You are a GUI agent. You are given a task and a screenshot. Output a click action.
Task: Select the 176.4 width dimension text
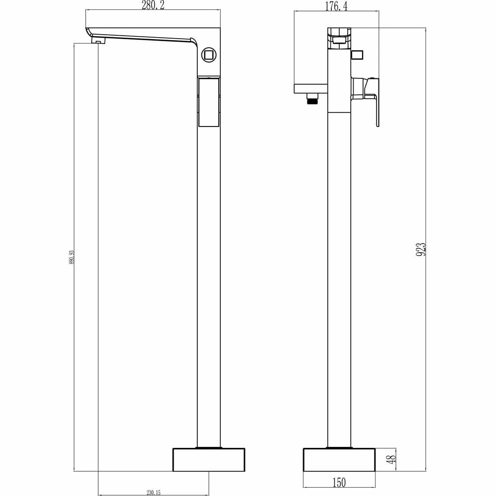[336, 6]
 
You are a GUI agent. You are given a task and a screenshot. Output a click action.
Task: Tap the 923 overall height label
[421, 248]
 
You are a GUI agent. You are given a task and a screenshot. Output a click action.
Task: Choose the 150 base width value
[339, 482]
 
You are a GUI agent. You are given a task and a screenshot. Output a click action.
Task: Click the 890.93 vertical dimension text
[72, 257]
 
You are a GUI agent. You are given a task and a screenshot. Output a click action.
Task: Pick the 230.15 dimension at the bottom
[154, 493]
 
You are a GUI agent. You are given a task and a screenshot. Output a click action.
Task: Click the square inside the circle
[209, 54]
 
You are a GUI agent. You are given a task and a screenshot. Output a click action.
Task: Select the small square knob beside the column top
[357, 55]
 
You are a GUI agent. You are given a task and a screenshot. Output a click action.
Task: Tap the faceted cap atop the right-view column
[339, 37]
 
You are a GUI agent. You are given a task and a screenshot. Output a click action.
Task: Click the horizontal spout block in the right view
[311, 89]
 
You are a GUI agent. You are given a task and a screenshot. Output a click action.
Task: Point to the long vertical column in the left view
[209, 278]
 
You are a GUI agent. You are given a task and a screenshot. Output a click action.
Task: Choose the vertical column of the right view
[339, 278]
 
